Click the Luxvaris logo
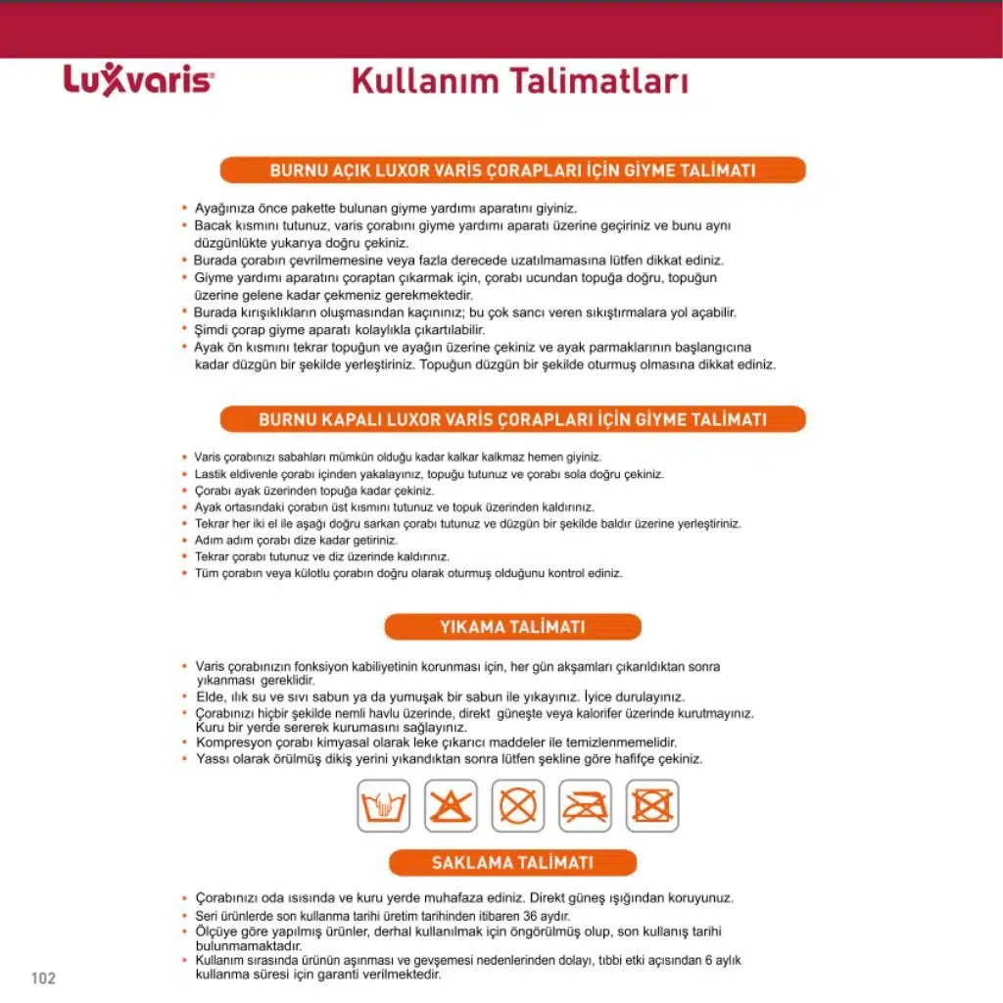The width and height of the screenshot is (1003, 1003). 138,80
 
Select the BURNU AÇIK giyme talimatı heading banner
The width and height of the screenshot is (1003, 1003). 512,170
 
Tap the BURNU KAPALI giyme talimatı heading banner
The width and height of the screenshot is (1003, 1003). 512,419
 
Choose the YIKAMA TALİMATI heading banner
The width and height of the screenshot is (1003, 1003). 512,627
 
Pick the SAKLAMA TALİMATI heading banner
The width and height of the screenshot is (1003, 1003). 512,863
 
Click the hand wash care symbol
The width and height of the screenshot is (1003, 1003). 384,806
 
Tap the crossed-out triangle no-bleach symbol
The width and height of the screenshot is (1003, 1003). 451,806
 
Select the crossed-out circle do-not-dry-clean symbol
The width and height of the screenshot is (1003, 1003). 518,806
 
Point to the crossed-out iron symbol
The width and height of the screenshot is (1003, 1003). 585,806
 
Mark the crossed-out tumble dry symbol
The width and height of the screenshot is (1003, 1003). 651,806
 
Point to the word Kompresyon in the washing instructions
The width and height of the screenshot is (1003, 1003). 230,742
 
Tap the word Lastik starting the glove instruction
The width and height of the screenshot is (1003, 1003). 210,474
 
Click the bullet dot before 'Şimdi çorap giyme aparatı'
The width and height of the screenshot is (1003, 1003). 184,330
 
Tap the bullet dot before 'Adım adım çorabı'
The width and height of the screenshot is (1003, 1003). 184,541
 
